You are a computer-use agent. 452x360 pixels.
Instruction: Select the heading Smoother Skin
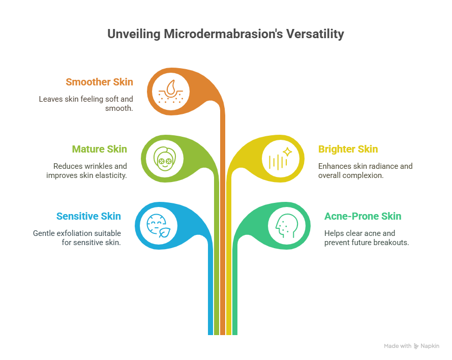pos(100,82)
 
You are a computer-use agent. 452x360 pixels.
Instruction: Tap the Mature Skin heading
pos(100,149)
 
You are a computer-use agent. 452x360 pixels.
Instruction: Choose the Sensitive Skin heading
pos(88,217)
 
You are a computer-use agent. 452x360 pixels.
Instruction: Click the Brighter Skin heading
pos(348,149)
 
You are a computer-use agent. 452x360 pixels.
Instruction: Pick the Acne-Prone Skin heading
pos(363,217)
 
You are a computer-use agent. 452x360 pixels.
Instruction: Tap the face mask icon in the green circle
pos(165,159)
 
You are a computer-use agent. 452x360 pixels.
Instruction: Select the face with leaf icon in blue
pos(158,226)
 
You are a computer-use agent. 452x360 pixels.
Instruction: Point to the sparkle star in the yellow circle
pos(287,152)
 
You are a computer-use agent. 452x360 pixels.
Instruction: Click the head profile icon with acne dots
pos(286,226)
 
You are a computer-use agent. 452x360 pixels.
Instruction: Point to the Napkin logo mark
pos(416,346)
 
